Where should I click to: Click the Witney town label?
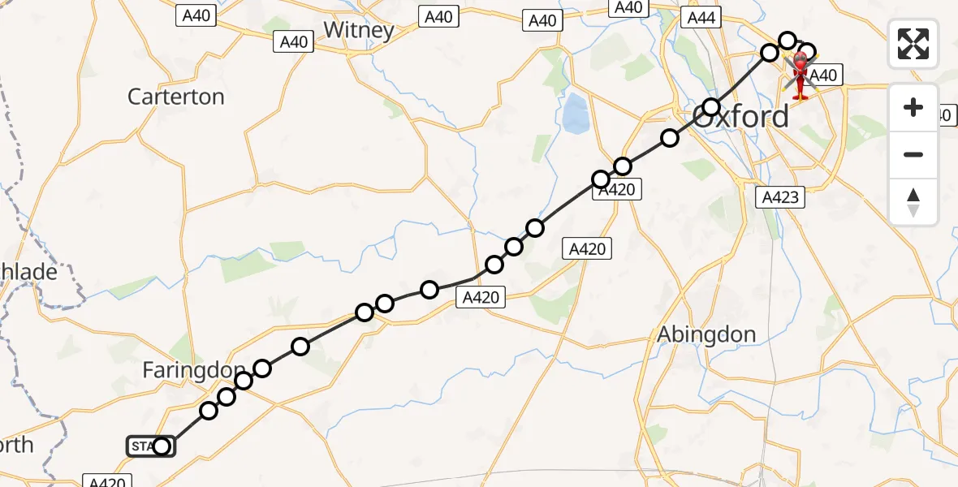pos(359,31)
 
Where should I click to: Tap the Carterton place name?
pos(176,97)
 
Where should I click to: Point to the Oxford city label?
pos(741,117)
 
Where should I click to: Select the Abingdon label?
pos(706,334)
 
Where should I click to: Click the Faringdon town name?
pos(193,371)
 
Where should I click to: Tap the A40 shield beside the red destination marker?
pos(824,75)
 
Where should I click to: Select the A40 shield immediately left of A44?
pos(628,7)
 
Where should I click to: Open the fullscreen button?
pos(913,43)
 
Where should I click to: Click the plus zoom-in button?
pos(913,107)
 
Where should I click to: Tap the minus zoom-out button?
pos(913,154)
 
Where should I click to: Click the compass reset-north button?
pos(913,202)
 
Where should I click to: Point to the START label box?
pos(143,446)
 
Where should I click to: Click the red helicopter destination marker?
pos(800,75)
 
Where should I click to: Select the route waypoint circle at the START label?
pos(162,446)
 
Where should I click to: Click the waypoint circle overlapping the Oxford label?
pos(711,107)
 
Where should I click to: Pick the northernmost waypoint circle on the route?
pos(788,41)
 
